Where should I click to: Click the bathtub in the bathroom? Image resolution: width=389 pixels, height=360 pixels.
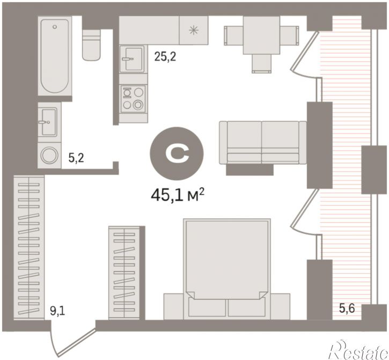(x=55, y=56)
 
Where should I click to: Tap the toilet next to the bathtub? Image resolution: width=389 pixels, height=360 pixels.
(x=91, y=45)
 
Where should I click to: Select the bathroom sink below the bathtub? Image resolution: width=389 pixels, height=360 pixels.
(x=49, y=122)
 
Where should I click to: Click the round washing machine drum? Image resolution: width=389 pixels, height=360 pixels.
(x=49, y=155)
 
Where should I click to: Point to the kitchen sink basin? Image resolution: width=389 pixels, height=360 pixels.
(x=132, y=59)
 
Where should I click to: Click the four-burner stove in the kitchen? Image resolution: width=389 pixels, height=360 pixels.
(x=133, y=99)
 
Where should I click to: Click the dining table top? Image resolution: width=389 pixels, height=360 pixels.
(x=261, y=35)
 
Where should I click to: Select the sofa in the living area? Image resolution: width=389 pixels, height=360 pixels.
(x=263, y=143)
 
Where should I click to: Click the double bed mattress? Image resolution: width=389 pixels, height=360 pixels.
(x=227, y=259)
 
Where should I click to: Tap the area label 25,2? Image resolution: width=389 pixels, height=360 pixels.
(x=165, y=57)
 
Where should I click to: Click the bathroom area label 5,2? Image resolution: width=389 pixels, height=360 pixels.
(x=76, y=158)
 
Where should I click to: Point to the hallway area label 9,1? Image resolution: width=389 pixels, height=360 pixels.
(x=57, y=311)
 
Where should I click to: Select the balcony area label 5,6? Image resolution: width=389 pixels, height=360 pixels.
(x=347, y=308)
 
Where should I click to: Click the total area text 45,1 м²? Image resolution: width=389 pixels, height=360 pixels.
(x=178, y=194)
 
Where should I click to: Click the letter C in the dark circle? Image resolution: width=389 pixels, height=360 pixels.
(x=178, y=153)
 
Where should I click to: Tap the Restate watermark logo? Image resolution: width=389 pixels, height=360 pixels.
(x=358, y=349)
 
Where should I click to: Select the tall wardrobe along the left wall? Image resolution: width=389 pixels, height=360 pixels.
(x=29, y=247)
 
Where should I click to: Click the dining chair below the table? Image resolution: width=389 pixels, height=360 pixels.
(x=261, y=64)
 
